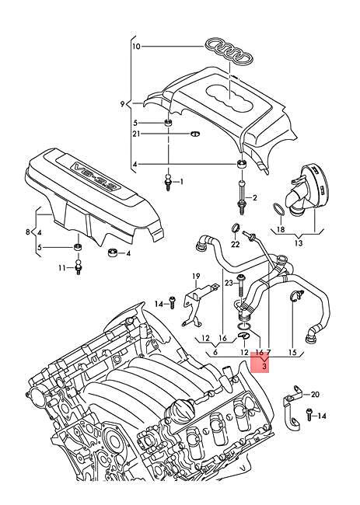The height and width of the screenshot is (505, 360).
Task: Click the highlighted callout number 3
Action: [x=264, y=365]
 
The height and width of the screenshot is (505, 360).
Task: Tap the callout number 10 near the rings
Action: [x=136, y=47]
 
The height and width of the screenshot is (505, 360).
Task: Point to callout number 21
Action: [x=135, y=134]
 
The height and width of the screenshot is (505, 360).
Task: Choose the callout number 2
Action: [x=253, y=200]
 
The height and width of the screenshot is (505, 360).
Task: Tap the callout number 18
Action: [x=281, y=230]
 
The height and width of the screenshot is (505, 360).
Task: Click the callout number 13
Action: [x=299, y=242]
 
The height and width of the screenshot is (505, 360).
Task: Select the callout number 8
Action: [x=28, y=232]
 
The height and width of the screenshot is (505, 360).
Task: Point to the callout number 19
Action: [x=197, y=276]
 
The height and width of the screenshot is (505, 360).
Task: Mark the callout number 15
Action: [x=292, y=352]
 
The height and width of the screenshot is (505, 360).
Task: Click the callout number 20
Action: [x=315, y=395]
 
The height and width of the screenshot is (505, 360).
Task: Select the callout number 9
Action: [x=122, y=103]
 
